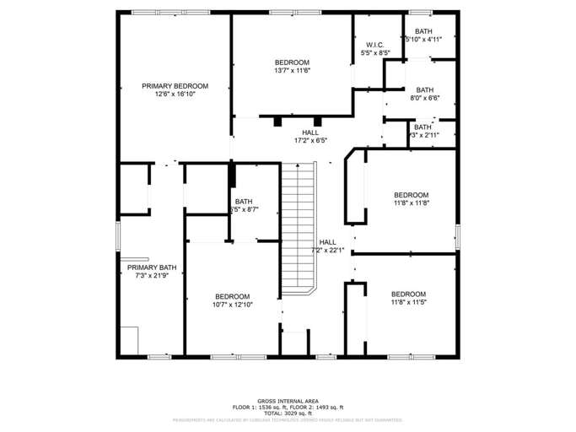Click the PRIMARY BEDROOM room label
point(175,86)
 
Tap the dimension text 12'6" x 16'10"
point(175,94)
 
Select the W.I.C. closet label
point(375,45)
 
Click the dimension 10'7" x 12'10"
point(232,305)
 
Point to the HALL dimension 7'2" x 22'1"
point(327,251)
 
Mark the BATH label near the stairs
point(244,202)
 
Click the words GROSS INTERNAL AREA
point(288,402)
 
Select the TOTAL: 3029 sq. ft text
point(288,413)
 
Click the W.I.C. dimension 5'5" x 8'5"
point(375,53)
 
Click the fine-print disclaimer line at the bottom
point(288,419)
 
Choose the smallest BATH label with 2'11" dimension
point(423,131)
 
